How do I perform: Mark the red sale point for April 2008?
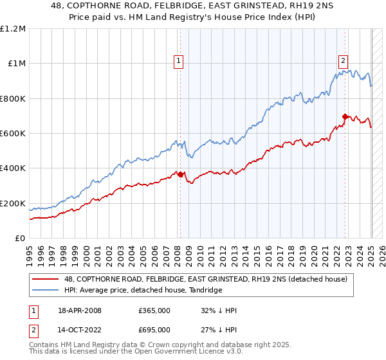181,174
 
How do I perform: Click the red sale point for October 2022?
345,116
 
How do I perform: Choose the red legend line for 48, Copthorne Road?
46,280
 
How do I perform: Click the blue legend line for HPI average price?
46,291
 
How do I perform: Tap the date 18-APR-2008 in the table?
80,310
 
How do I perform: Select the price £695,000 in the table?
154,332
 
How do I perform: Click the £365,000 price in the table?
154,310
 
